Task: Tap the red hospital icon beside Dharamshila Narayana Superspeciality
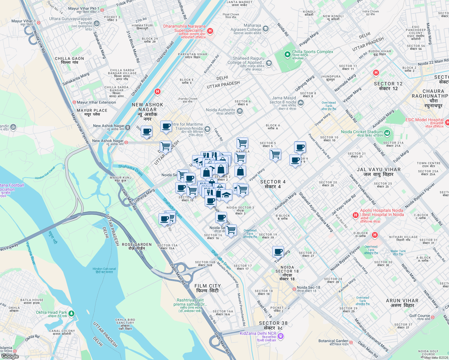point(210,31)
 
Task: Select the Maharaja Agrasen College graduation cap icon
point(265,29)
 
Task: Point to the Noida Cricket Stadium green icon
point(387,133)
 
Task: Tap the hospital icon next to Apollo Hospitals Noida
point(356,215)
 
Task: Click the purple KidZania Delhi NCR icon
point(281,336)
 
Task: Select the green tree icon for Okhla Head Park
point(71,313)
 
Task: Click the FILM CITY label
point(207,288)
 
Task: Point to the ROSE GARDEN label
point(137,246)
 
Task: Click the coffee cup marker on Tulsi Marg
point(278,251)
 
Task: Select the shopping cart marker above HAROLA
point(242,143)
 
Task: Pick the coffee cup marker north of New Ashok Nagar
point(166,126)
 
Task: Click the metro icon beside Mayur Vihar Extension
point(74,102)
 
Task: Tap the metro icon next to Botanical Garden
point(351,342)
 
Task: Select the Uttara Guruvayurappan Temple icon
point(97,23)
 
